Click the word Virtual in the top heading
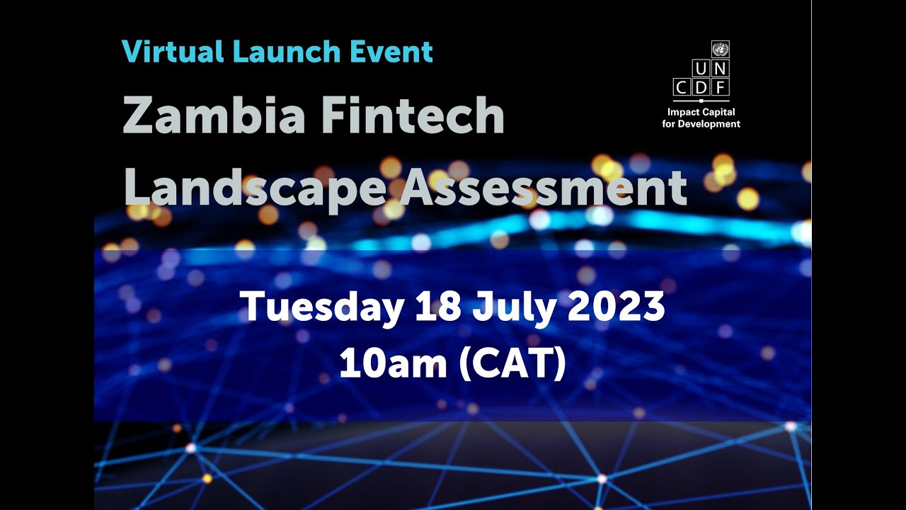pos(168,52)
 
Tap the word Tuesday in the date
pos(321,307)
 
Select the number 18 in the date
pos(437,307)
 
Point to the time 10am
pos(393,364)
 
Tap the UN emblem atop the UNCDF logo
pos(720,50)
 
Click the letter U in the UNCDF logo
pos(701,69)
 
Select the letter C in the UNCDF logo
pos(682,88)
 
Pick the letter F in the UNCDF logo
pos(720,88)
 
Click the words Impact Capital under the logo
pos(701,112)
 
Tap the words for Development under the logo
pos(701,124)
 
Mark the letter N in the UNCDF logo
pos(720,69)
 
